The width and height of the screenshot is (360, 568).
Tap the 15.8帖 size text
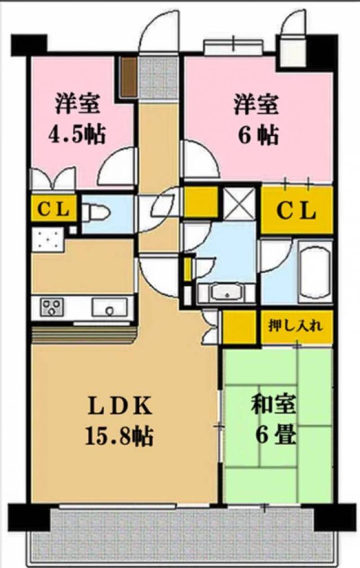click(x=120, y=435)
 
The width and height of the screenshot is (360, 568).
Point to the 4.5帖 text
click(x=77, y=134)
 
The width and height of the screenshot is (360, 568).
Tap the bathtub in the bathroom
click(x=316, y=272)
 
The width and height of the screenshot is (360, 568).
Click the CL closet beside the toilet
click(x=53, y=209)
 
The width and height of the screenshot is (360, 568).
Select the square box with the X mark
click(x=239, y=204)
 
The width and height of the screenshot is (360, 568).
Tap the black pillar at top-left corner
click(x=29, y=44)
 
